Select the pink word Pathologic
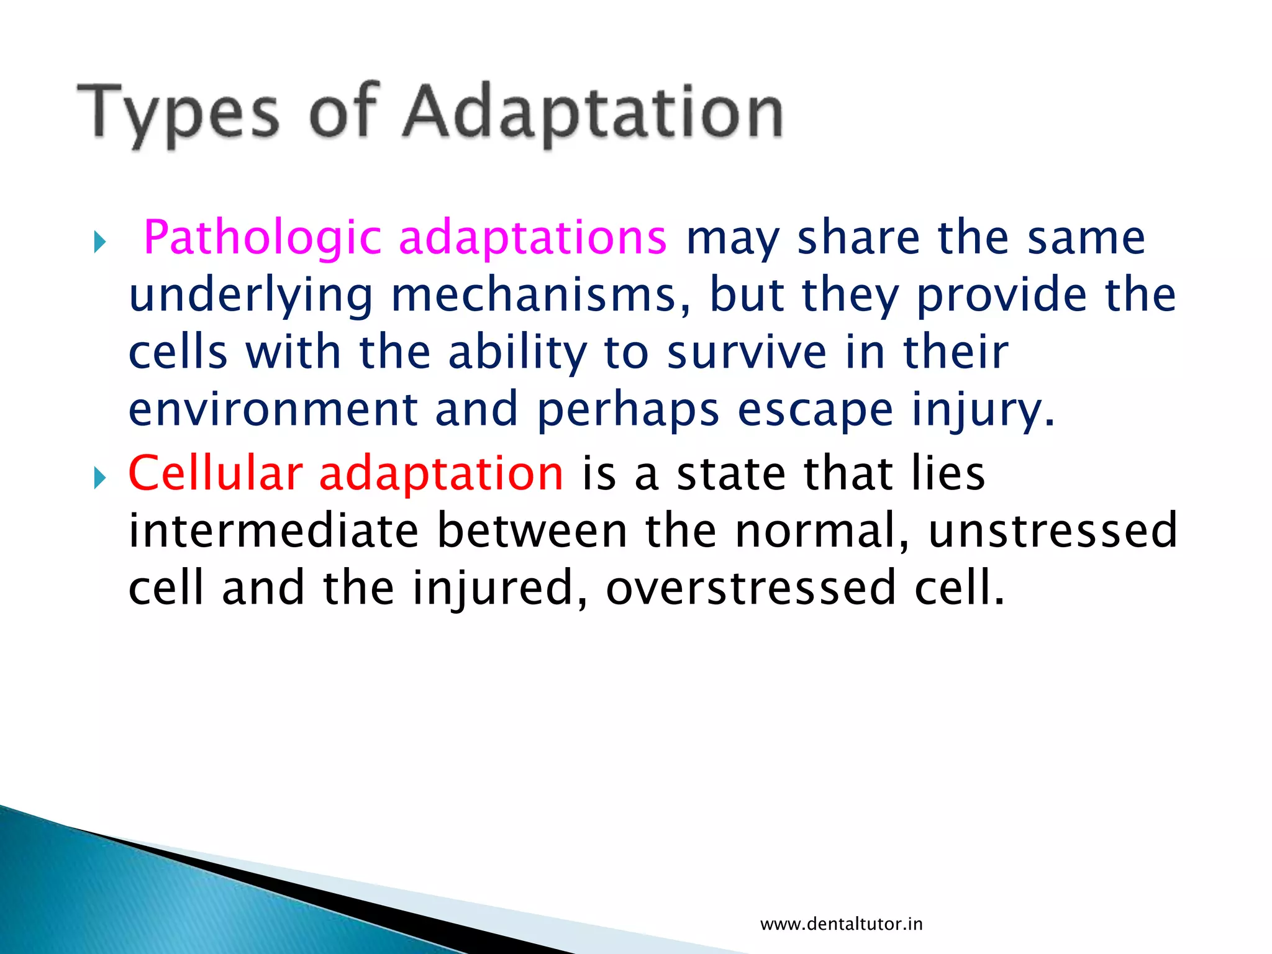pyautogui.click(x=261, y=238)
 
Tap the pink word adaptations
pyautogui.click(x=532, y=238)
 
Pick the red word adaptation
pyautogui.click(x=441, y=474)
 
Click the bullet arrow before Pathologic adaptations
pyautogui.click(x=100, y=242)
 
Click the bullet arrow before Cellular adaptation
pyautogui.click(x=100, y=478)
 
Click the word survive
pyautogui.click(x=747, y=353)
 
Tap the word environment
pyautogui.click(x=273, y=410)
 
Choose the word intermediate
pyautogui.click(x=273, y=531)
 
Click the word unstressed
pyautogui.click(x=1052, y=531)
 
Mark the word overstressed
pyautogui.click(x=751, y=588)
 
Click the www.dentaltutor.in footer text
pyautogui.click(x=841, y=924)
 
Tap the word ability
pyautogui.click(x=517, y=353)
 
